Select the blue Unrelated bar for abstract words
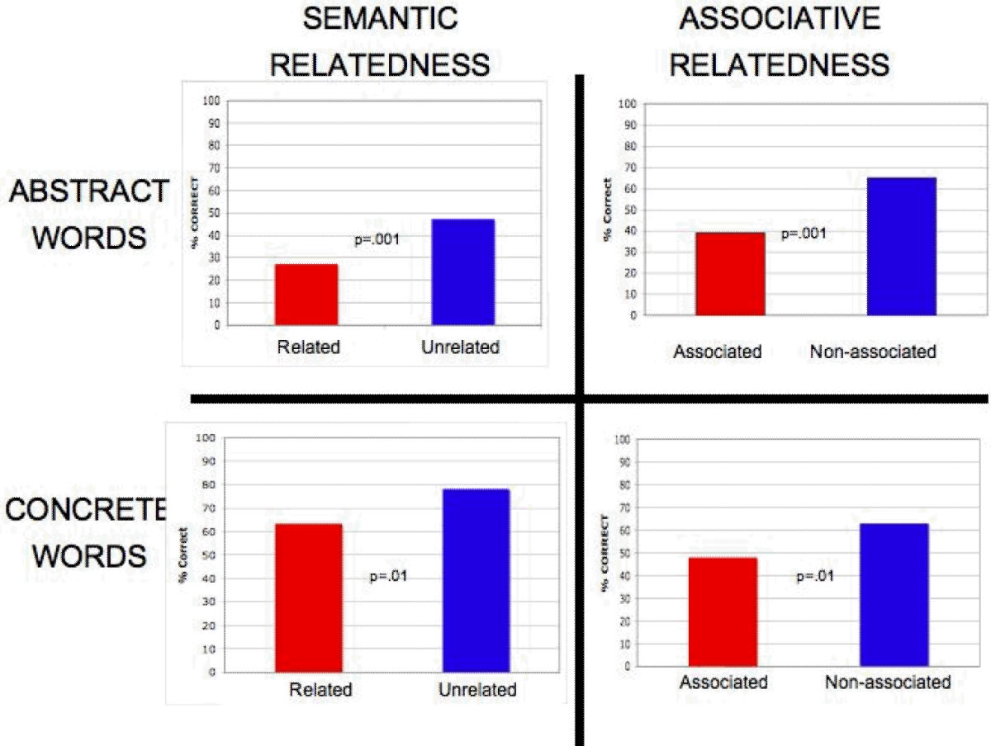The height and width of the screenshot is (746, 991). pos(462,271)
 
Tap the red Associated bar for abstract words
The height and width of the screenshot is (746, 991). pos(730,273)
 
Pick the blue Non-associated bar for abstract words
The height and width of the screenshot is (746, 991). pos(902,246)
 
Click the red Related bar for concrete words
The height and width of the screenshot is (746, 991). pos(308,597)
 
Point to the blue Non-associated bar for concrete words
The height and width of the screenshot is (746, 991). pos(894,594)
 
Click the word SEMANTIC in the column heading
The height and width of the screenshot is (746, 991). pos(381,18)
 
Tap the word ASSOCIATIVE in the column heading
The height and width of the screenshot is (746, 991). pos(780,18)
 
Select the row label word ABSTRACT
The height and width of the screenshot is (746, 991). pos(88,192)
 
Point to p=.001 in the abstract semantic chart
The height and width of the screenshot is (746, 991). pos(377,239)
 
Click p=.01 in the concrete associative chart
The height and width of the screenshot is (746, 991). pos(814,576)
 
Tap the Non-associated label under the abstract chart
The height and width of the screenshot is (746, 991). pos(873,352)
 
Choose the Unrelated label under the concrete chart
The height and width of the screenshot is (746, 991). pos(478,690)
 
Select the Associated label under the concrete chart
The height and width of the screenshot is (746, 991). pos(723,682)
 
